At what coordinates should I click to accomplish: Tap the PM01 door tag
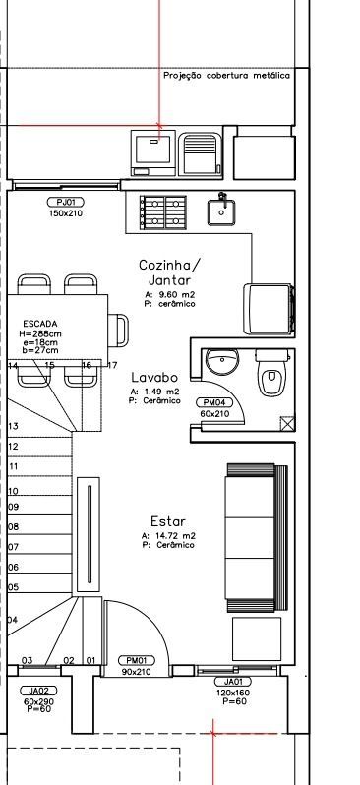click(137, 660)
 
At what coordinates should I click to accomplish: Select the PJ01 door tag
click(66, 203)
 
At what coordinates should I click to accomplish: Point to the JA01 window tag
click(233, 682)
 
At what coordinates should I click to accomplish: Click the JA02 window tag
click(38, 691)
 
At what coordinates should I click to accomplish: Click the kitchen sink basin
click(221, 211)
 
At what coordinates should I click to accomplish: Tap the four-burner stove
click(163, 212)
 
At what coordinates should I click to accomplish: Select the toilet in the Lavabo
click(271, 373)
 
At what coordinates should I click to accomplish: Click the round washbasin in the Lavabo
click(222, 362)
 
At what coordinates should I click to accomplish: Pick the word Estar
click(168, 521)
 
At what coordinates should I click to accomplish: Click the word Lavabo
click(154, 377)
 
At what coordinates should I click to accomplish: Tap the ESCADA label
click(40, 324)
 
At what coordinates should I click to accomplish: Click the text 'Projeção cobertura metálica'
click(227, 75)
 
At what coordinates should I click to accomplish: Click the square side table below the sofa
click(257, 638)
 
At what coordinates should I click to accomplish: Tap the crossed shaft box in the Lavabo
click(287, 424)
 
